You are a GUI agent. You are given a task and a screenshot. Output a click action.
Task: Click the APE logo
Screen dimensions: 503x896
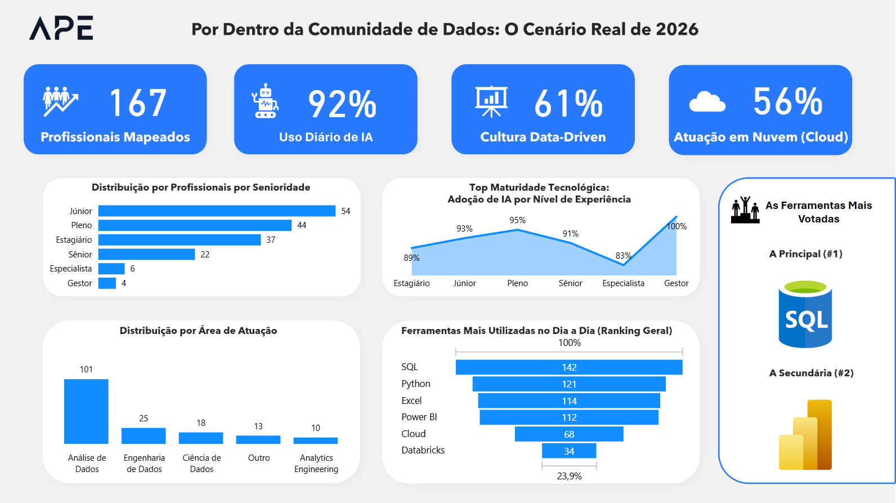coord(61,28)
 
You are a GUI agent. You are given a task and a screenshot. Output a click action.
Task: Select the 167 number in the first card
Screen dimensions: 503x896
coord(138,103)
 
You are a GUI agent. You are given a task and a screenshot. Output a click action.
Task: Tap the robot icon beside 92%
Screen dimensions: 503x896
coord(265,101)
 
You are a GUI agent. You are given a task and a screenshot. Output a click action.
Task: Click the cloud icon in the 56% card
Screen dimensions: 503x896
coord(707,102)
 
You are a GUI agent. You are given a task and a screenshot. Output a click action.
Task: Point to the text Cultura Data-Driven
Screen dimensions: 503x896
coord(543,137)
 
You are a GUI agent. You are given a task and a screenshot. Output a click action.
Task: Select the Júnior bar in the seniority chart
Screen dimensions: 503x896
coord(217,211)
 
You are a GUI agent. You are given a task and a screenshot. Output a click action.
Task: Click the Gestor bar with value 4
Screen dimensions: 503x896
coord(107,283)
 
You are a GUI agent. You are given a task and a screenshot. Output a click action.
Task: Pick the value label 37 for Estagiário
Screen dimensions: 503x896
coord(271,240)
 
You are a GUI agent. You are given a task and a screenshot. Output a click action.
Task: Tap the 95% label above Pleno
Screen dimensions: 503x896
coord(517,220)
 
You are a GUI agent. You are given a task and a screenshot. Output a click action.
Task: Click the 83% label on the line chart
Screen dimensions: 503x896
coord(623,256)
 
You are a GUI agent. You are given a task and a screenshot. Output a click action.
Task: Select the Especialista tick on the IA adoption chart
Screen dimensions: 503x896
coord(623,283)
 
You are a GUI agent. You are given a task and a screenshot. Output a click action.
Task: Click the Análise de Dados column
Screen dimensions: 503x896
coord(86,411)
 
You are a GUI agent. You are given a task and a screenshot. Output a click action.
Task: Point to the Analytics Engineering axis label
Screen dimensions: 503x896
coord(316,464)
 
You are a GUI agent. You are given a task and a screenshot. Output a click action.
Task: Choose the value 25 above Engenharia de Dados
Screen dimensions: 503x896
coord(144,419)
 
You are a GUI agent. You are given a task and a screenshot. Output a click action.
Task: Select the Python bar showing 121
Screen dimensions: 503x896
coord(569,384)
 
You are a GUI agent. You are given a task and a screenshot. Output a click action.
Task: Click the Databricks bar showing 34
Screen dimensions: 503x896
coord(569,451)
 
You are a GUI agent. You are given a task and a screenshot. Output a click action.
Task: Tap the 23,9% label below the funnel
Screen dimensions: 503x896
coord(569,476)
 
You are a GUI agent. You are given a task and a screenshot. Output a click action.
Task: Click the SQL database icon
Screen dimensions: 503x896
coord(805,314)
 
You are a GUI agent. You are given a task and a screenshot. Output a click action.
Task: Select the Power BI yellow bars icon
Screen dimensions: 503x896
coord(805,435)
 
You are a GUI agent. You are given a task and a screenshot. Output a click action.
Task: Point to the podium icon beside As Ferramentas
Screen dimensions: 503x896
coord(745,210)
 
